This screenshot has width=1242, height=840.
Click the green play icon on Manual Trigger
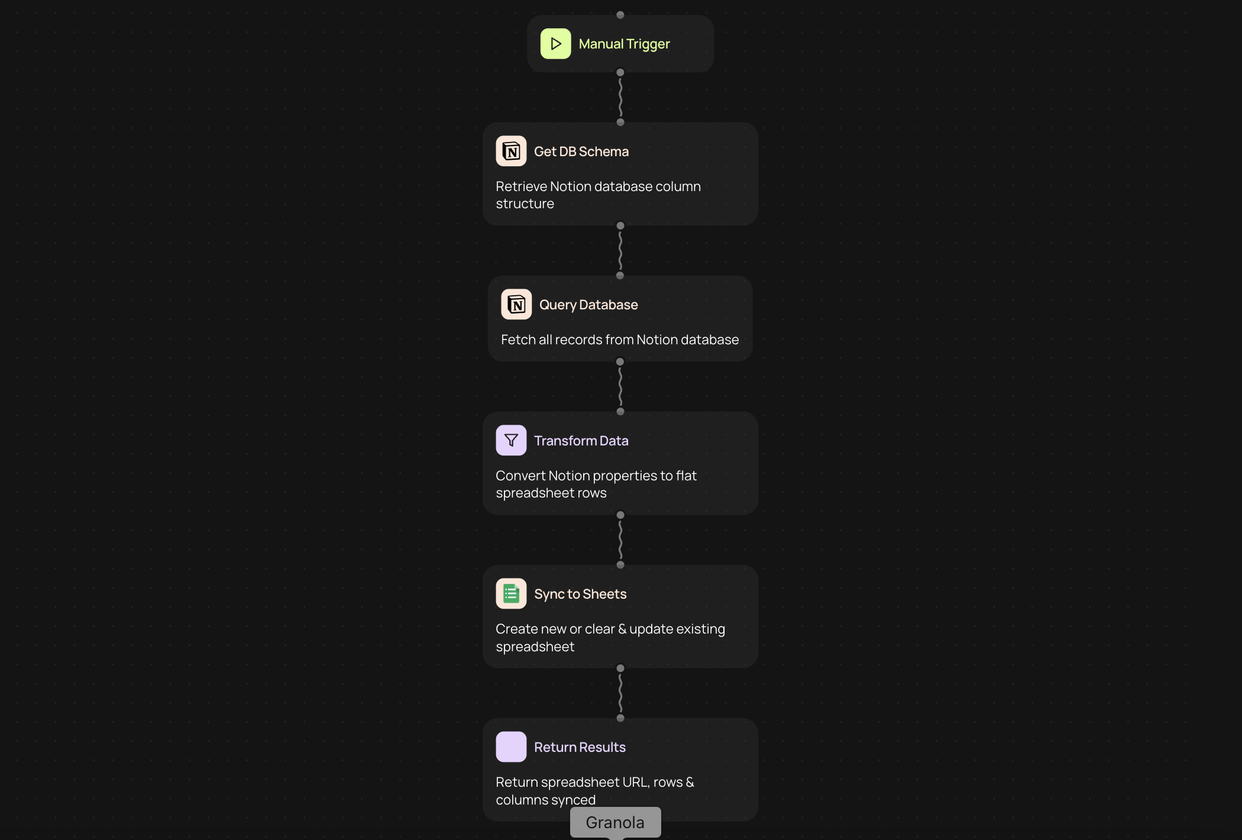pos(555,44)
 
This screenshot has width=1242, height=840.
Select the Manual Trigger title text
pos(624,44)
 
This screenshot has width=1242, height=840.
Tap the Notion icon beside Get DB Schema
pos(511,151)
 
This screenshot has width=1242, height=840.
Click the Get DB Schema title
pos(581,151)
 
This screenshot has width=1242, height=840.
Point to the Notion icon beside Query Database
pos(516,305)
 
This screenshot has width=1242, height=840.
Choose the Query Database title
pos(588,305)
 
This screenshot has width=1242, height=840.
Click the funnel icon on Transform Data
pos(511,440)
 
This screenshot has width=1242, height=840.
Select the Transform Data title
pos(581,441)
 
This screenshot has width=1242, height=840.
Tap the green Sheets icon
pos(511,593)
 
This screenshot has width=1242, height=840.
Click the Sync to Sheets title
pos(580,594)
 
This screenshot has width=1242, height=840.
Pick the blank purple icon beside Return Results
pos(511,747)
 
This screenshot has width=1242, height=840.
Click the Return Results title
pos(579,747)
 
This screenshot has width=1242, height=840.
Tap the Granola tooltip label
pos(615,822)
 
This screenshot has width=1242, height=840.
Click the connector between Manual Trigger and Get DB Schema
pos(620,98)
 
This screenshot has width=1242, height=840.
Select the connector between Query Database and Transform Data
pos(620,387)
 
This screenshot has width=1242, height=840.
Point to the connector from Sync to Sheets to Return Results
pos(620,693)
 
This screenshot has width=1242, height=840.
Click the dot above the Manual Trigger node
pos(620,15)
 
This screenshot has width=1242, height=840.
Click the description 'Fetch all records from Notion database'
pos(619,340)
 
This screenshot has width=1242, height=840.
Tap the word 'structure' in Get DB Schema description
pos(525,203)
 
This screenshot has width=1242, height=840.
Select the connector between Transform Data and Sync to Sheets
pos(620,540)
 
